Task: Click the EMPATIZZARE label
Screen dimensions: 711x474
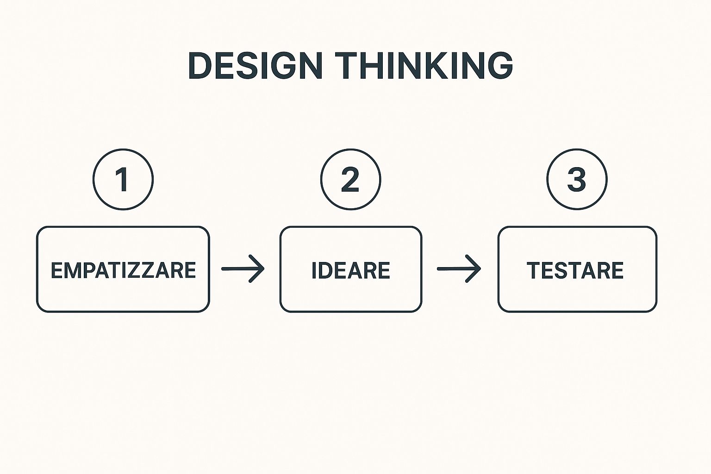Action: coord(124,270)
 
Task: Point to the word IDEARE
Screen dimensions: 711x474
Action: coord(351,270)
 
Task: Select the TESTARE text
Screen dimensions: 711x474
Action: coord(575,270)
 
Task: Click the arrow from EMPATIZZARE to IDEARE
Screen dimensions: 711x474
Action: coord(243,268)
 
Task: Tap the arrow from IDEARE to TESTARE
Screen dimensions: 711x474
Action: coord(459,268)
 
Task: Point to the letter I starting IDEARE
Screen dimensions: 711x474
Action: coord(314,270)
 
